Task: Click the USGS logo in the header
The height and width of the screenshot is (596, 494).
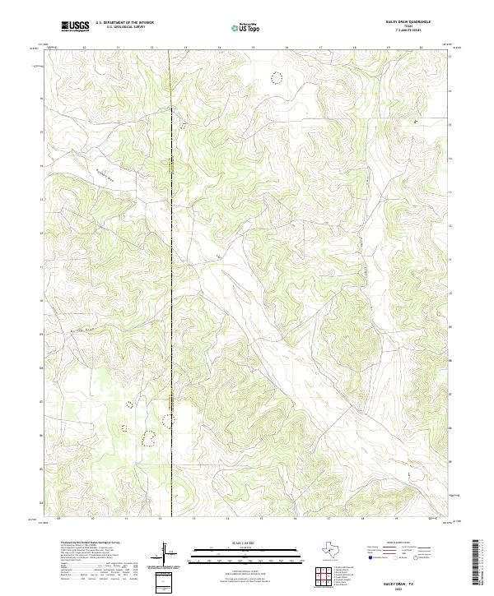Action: click(x=75, y=26)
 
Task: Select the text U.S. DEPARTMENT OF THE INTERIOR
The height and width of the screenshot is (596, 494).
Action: click(x=124, y=23)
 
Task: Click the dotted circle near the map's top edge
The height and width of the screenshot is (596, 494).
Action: click(x=277, y=78)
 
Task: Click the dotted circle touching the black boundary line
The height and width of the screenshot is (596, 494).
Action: click(x=169, y=420)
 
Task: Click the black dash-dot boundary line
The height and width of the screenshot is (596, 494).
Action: click(x=171, y=247)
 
